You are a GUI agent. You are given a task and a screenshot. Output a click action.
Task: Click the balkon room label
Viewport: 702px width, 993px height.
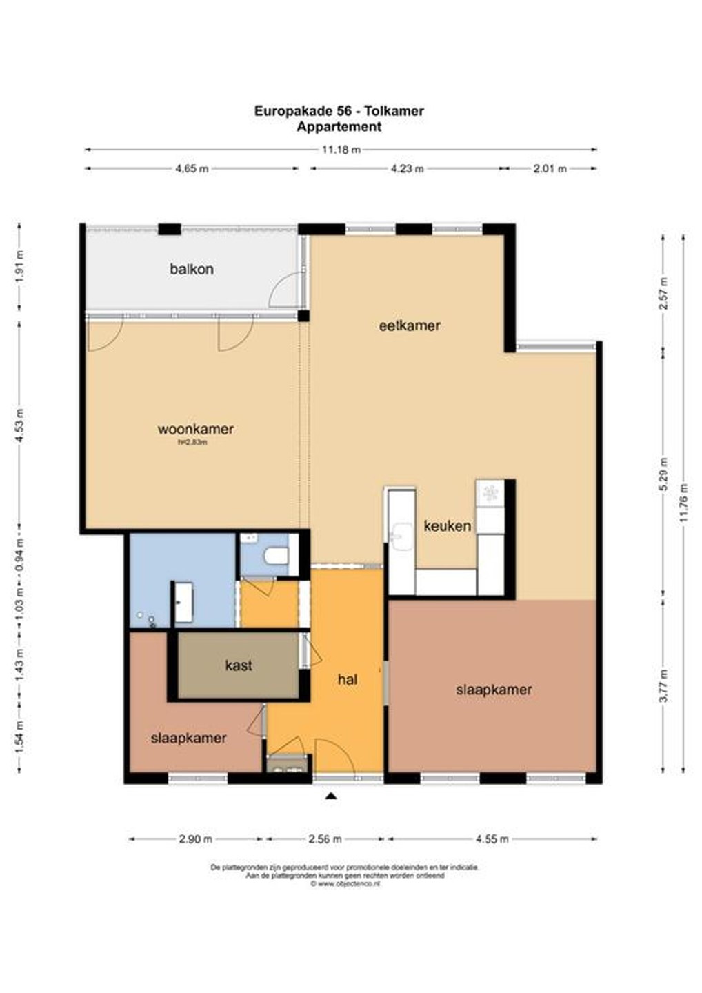coord(192,269)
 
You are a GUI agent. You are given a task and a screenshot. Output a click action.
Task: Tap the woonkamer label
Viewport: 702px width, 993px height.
coord(195,429)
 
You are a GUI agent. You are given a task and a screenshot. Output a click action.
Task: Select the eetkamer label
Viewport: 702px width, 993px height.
coord(410,325)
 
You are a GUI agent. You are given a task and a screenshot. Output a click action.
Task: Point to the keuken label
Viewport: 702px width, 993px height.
coord(447,526)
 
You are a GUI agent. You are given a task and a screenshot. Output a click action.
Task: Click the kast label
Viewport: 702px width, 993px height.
coord(239,665)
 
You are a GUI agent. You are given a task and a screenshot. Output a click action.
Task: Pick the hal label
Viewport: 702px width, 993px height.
coord(348,680)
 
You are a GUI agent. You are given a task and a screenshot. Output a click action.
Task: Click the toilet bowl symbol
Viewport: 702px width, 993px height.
coord(276,556)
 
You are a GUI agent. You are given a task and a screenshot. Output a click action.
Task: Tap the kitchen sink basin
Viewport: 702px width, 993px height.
coord(403,537)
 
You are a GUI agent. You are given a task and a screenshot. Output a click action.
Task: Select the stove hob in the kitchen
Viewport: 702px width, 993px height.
coord(490,492)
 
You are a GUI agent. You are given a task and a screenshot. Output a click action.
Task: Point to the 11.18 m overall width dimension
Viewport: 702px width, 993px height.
coord(341,150)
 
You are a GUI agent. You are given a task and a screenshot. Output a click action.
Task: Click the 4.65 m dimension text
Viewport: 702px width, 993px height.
coord(192,168)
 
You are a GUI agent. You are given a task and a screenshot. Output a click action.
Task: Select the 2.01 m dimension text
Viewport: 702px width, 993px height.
coord(550,168)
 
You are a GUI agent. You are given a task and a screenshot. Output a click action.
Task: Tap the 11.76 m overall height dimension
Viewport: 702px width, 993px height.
coord(684,503)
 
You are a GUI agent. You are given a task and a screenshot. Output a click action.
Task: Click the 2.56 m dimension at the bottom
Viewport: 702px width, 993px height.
coord(325,839)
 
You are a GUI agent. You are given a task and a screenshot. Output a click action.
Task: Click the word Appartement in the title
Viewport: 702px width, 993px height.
coord(339,127)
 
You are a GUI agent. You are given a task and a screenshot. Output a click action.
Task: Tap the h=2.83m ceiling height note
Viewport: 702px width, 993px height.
coord(193,442)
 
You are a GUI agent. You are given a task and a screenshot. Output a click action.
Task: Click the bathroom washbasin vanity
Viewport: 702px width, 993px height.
coord(183,603)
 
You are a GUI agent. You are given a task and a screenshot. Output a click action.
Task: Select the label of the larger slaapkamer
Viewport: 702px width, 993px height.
coord(494,690)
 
